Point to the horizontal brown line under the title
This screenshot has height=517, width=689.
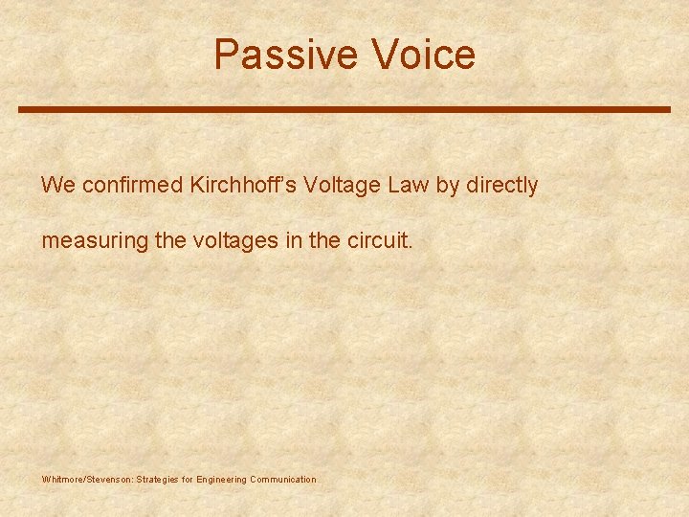pos(344,109)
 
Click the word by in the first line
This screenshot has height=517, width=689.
pos(448,186)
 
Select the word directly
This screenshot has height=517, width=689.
pos(502,186)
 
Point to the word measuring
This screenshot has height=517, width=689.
pos(94,241)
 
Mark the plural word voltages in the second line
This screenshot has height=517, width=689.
pos(234,241)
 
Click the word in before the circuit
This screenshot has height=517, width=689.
pos(293,240)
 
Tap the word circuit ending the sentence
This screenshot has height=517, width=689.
pos(378,240)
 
